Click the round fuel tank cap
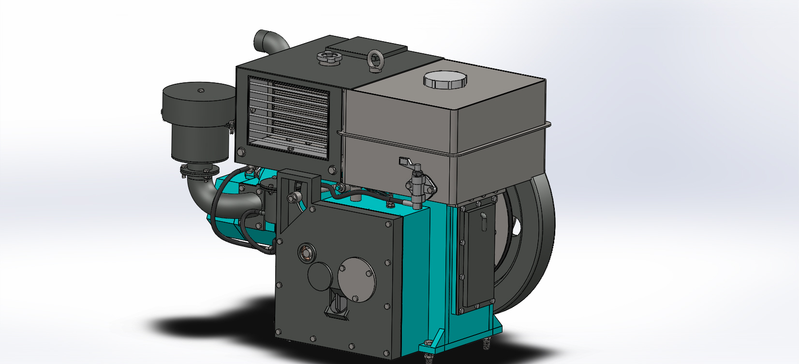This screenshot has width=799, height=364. pos(445,80)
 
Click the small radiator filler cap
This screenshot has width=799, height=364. pos(329,58)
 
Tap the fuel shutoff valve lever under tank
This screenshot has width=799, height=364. pos(406,162)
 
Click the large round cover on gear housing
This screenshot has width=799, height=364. pos(356,280)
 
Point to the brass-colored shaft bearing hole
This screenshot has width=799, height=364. pos(306,253)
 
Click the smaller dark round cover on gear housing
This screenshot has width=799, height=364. pos(319,276)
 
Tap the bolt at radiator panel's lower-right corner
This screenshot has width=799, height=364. pos(331,170)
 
